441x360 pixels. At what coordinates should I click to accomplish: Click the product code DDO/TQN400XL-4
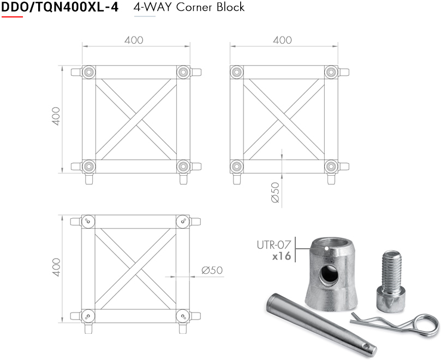pos(60,7)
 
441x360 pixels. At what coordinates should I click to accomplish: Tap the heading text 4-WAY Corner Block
pos(189,7)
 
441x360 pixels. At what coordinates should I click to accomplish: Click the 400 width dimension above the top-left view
pos(134,40)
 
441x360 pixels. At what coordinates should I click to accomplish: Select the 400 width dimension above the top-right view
pos(282,40)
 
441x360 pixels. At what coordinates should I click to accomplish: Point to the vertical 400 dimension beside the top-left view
pos(56,116)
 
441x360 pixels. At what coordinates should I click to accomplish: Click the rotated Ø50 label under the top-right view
pos(275,192)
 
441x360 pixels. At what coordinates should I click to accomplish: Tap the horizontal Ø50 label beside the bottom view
pos(212,271)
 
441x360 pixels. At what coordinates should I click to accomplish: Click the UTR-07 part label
pos(273,245)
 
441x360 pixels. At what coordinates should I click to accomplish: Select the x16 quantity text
pos(282,256)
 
